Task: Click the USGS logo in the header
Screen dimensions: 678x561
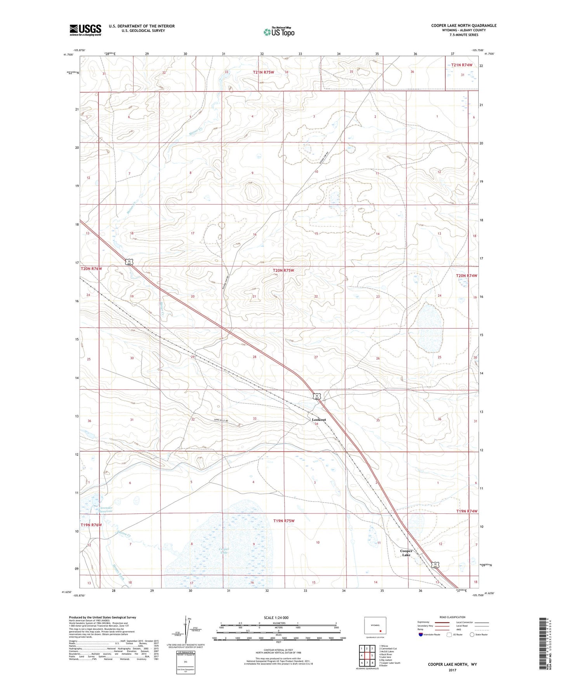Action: [85, 30]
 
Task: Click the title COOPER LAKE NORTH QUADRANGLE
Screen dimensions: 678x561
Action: [464, 26]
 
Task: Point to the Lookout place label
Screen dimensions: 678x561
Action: [319, 420]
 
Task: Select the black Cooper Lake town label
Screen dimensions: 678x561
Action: [406, 553]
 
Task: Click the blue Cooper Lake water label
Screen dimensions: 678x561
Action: [224, 551]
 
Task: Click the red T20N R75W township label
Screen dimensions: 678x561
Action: [283, 270]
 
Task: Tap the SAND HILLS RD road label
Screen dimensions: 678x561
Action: [222, 420]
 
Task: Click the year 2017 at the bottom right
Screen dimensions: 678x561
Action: [452, 670]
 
